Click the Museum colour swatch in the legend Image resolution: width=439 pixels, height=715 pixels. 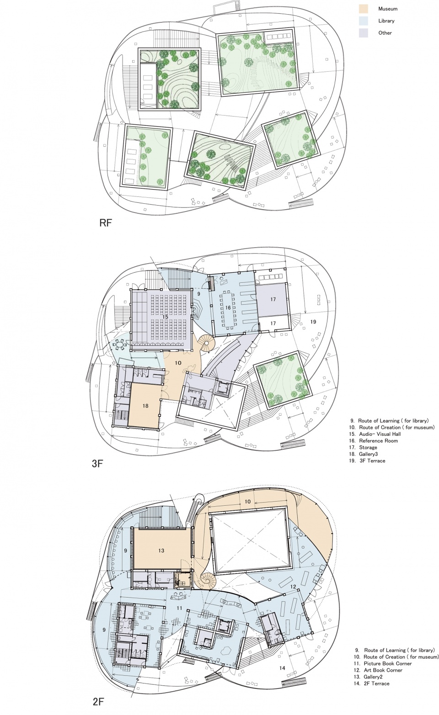point(363,9)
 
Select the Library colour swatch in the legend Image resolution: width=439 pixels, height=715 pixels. point(363,21)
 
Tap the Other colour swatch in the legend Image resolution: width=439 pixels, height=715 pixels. point(363,33)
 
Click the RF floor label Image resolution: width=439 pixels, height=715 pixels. point(106,223)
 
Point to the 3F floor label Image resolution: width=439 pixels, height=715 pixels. point(97,463)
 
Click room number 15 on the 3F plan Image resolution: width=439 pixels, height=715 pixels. point(165,317)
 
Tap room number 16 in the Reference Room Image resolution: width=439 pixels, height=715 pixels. point(228,308)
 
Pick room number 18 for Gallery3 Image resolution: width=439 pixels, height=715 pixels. point(145,406)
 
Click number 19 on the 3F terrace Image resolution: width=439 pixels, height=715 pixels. point(313,322)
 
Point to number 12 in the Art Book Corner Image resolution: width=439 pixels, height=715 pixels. point(293,587)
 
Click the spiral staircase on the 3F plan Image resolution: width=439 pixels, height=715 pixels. point(206,343)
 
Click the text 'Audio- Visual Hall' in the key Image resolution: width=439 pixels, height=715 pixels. point(380,434)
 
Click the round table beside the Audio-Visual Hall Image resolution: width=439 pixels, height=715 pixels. point(120,344)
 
